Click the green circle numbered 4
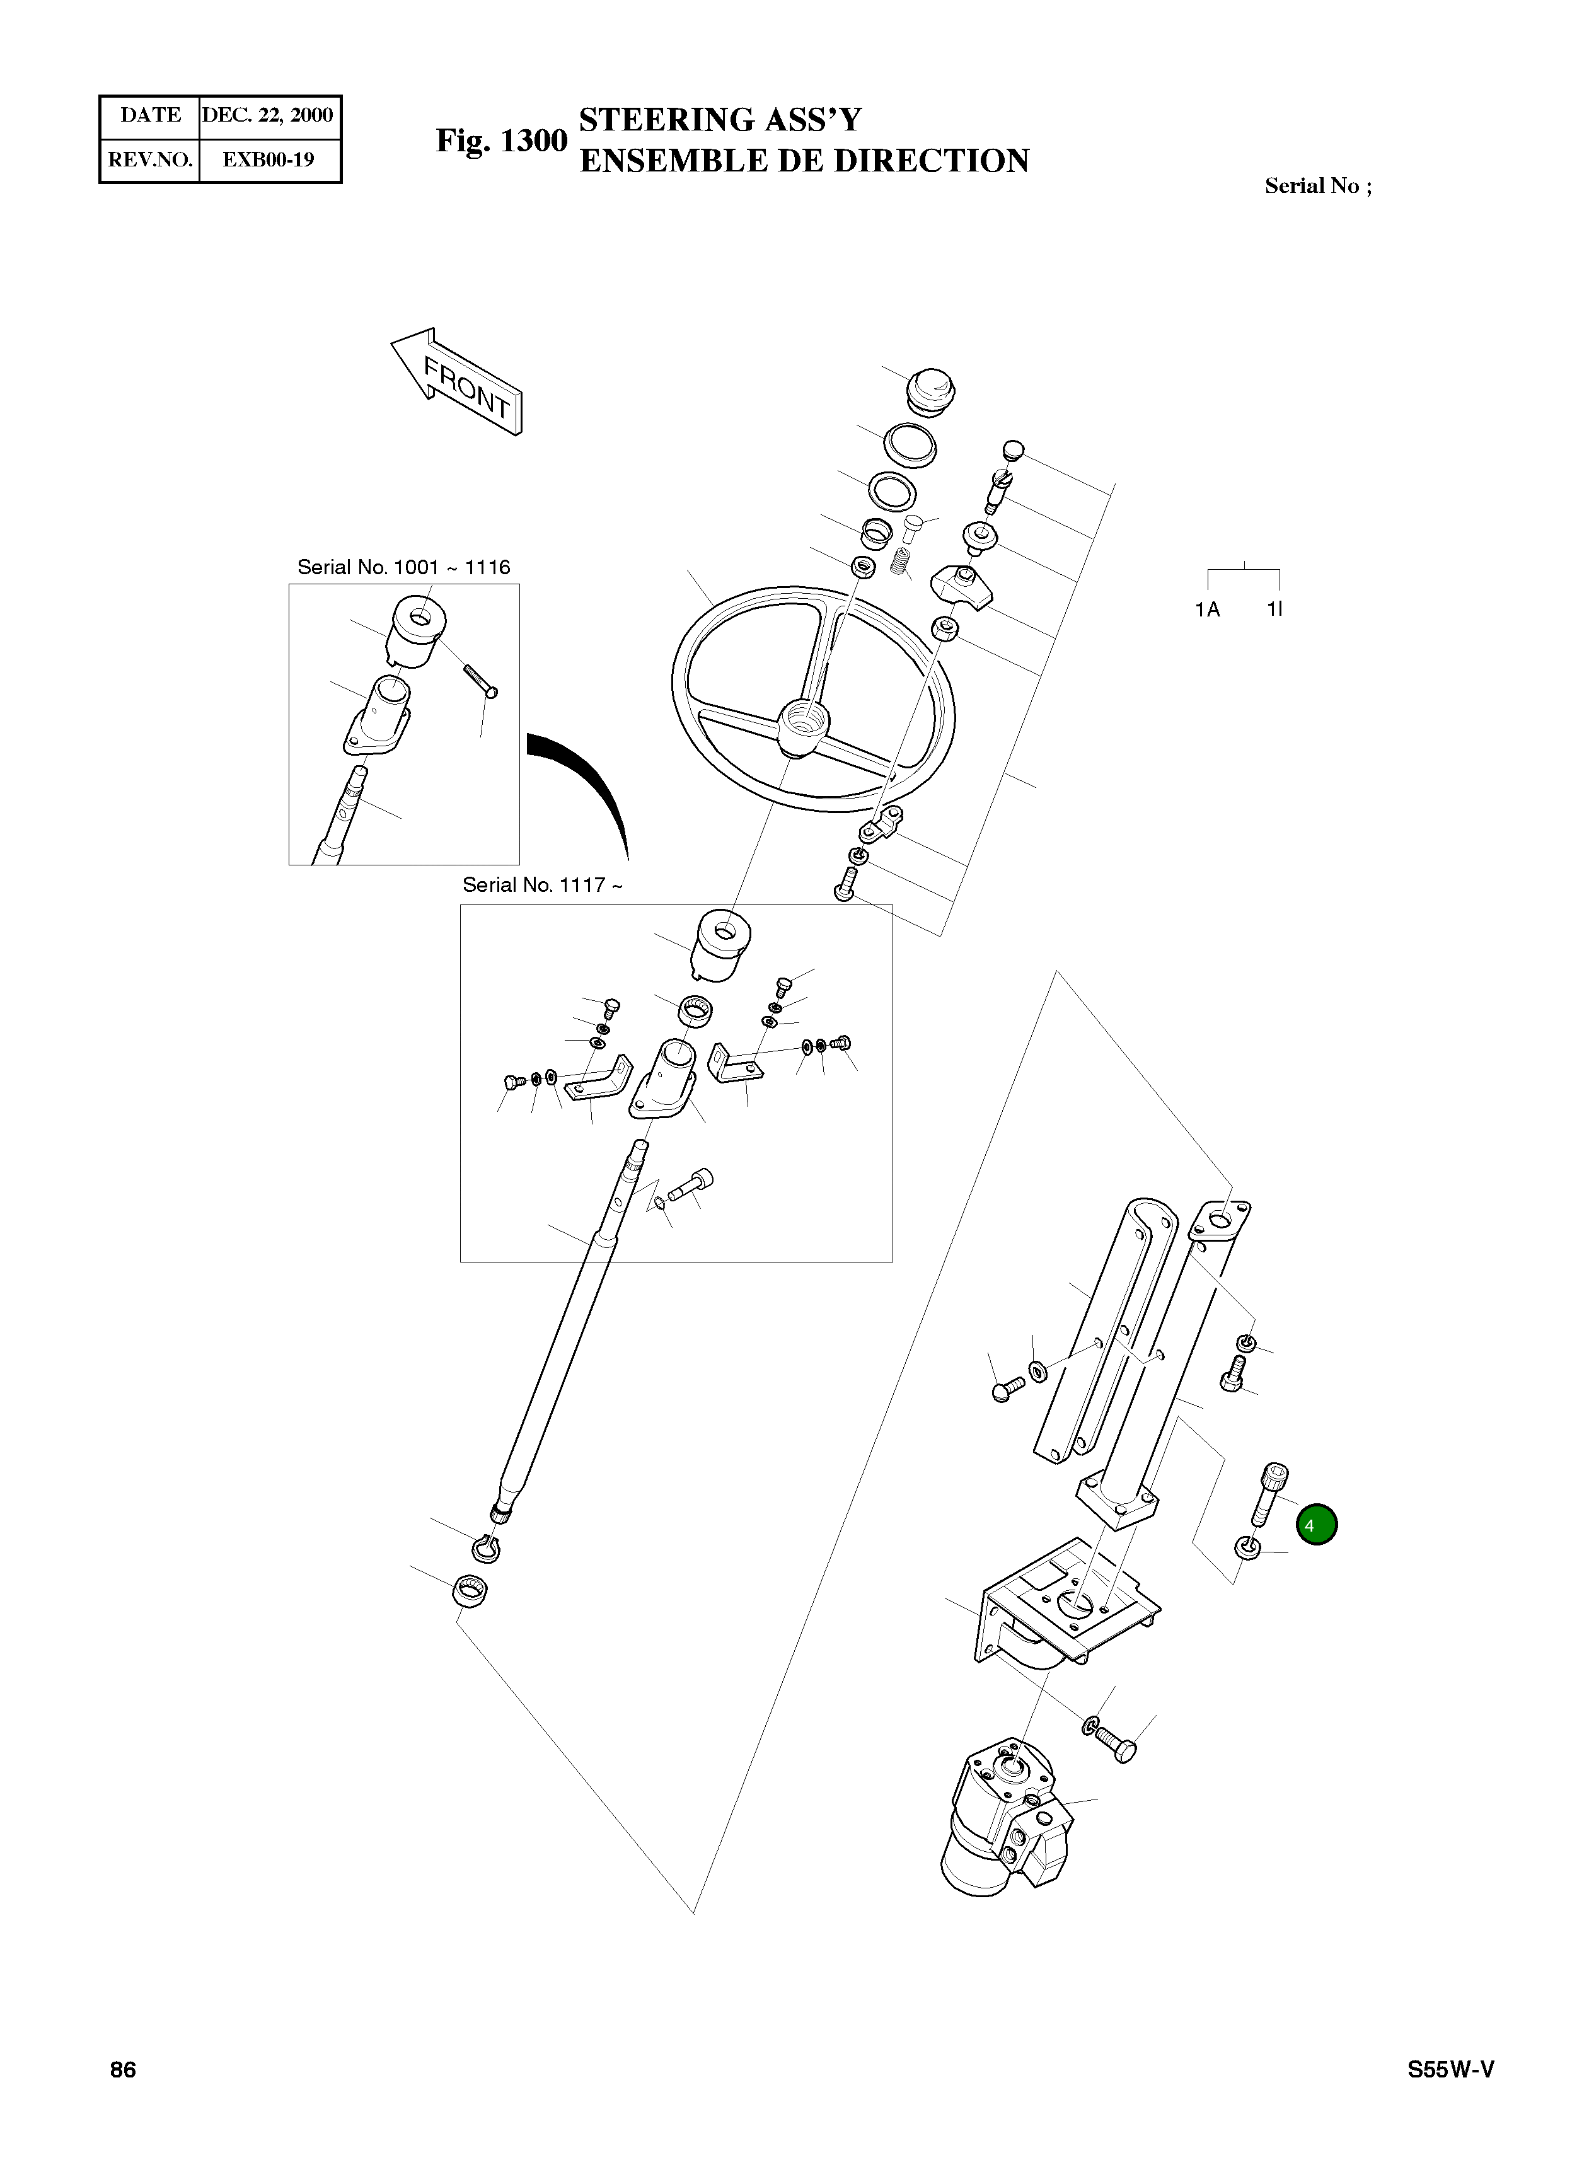pos(1316,1525)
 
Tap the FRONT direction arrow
pos(457,382)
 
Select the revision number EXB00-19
pos(269,159)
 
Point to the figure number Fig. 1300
pos(501,141)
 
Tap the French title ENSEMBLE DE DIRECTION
pos(804,161)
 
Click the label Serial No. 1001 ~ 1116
pos(403,567)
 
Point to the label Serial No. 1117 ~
pos(541,885)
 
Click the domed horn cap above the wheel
pos(931,389)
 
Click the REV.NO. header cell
pos(150,159)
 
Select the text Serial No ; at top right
pos(1318,187)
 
